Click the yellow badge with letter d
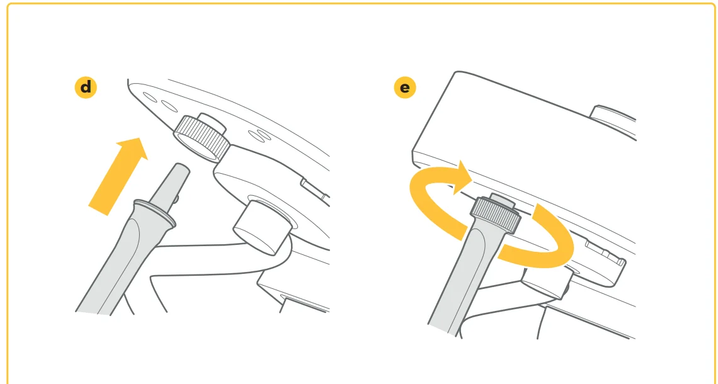(x=86, y=87)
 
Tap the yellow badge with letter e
(x=405, y=87)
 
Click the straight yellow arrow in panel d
(x=118, y=176)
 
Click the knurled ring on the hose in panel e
(x=496, y=213)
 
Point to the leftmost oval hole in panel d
(x=150, y=98)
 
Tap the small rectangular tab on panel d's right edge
(x=315, y=189)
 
